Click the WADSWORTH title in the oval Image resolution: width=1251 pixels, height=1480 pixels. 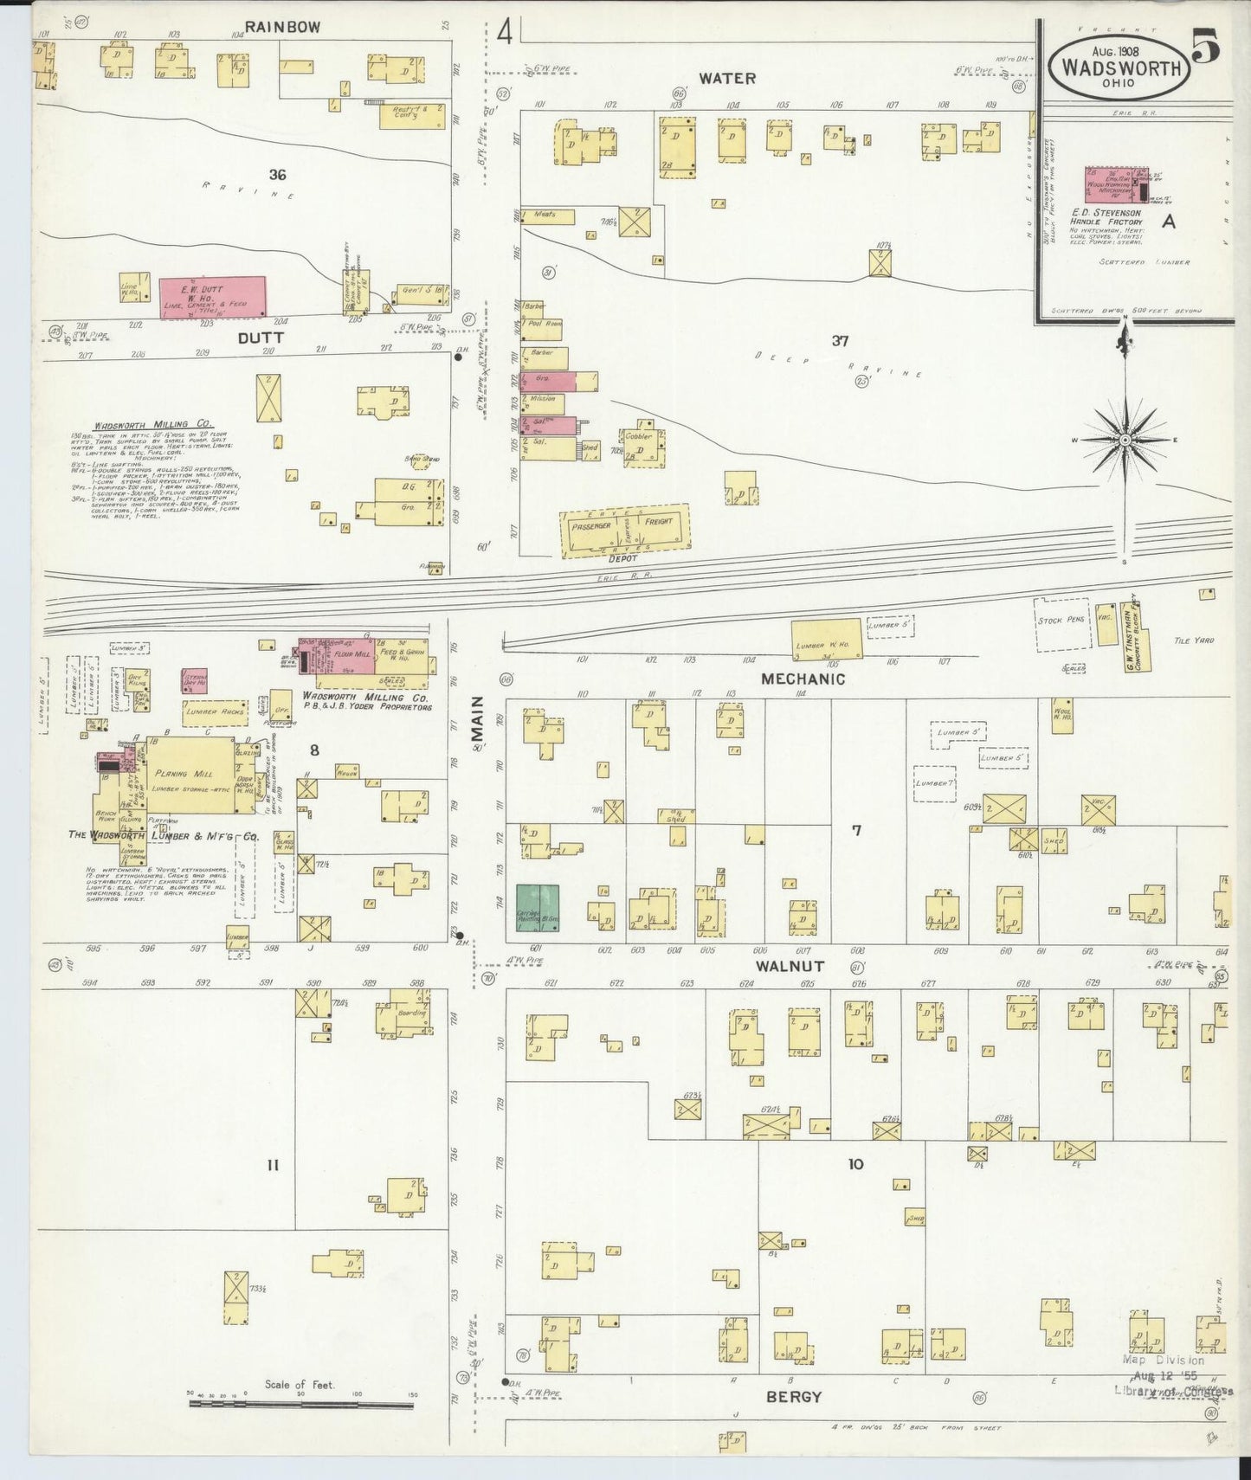pos(1116,68)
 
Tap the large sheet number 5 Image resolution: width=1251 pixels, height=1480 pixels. pos(1206,46)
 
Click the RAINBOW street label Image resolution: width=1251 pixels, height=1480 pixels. pos(270,27)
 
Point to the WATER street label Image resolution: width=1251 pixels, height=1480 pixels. pos(727,78)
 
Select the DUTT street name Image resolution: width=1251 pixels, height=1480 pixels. pos(261,339)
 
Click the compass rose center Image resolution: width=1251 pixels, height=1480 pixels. pos(1125,440)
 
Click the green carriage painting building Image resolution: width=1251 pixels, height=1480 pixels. pos(538,908)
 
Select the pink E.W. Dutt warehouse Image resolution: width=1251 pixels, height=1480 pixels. pos(212,295)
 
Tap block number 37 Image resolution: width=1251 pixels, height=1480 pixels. pos(839,341)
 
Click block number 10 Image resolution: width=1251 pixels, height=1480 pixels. pos(854,1164)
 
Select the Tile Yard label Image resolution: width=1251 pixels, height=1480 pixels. pos(1194,640)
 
